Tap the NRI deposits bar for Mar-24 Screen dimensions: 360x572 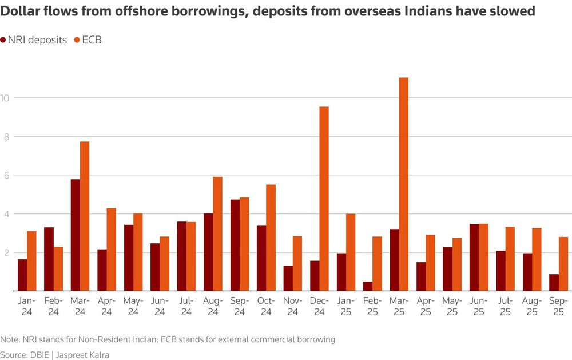pos(76,235)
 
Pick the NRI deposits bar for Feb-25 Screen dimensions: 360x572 pos(368,286)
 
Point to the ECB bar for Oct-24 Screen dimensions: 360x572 pos(271,238)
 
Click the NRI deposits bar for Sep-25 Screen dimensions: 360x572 pos(554,283)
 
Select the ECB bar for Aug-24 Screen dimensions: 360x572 pos(217,234)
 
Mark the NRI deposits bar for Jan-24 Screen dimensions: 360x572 pos(22,275)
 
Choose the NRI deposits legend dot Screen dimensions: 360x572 pos(3,40)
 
